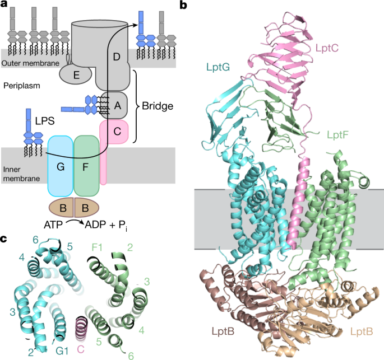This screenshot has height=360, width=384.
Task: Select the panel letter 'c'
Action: click(x=4, y=239)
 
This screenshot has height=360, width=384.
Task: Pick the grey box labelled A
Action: click(x=118, y=105)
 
